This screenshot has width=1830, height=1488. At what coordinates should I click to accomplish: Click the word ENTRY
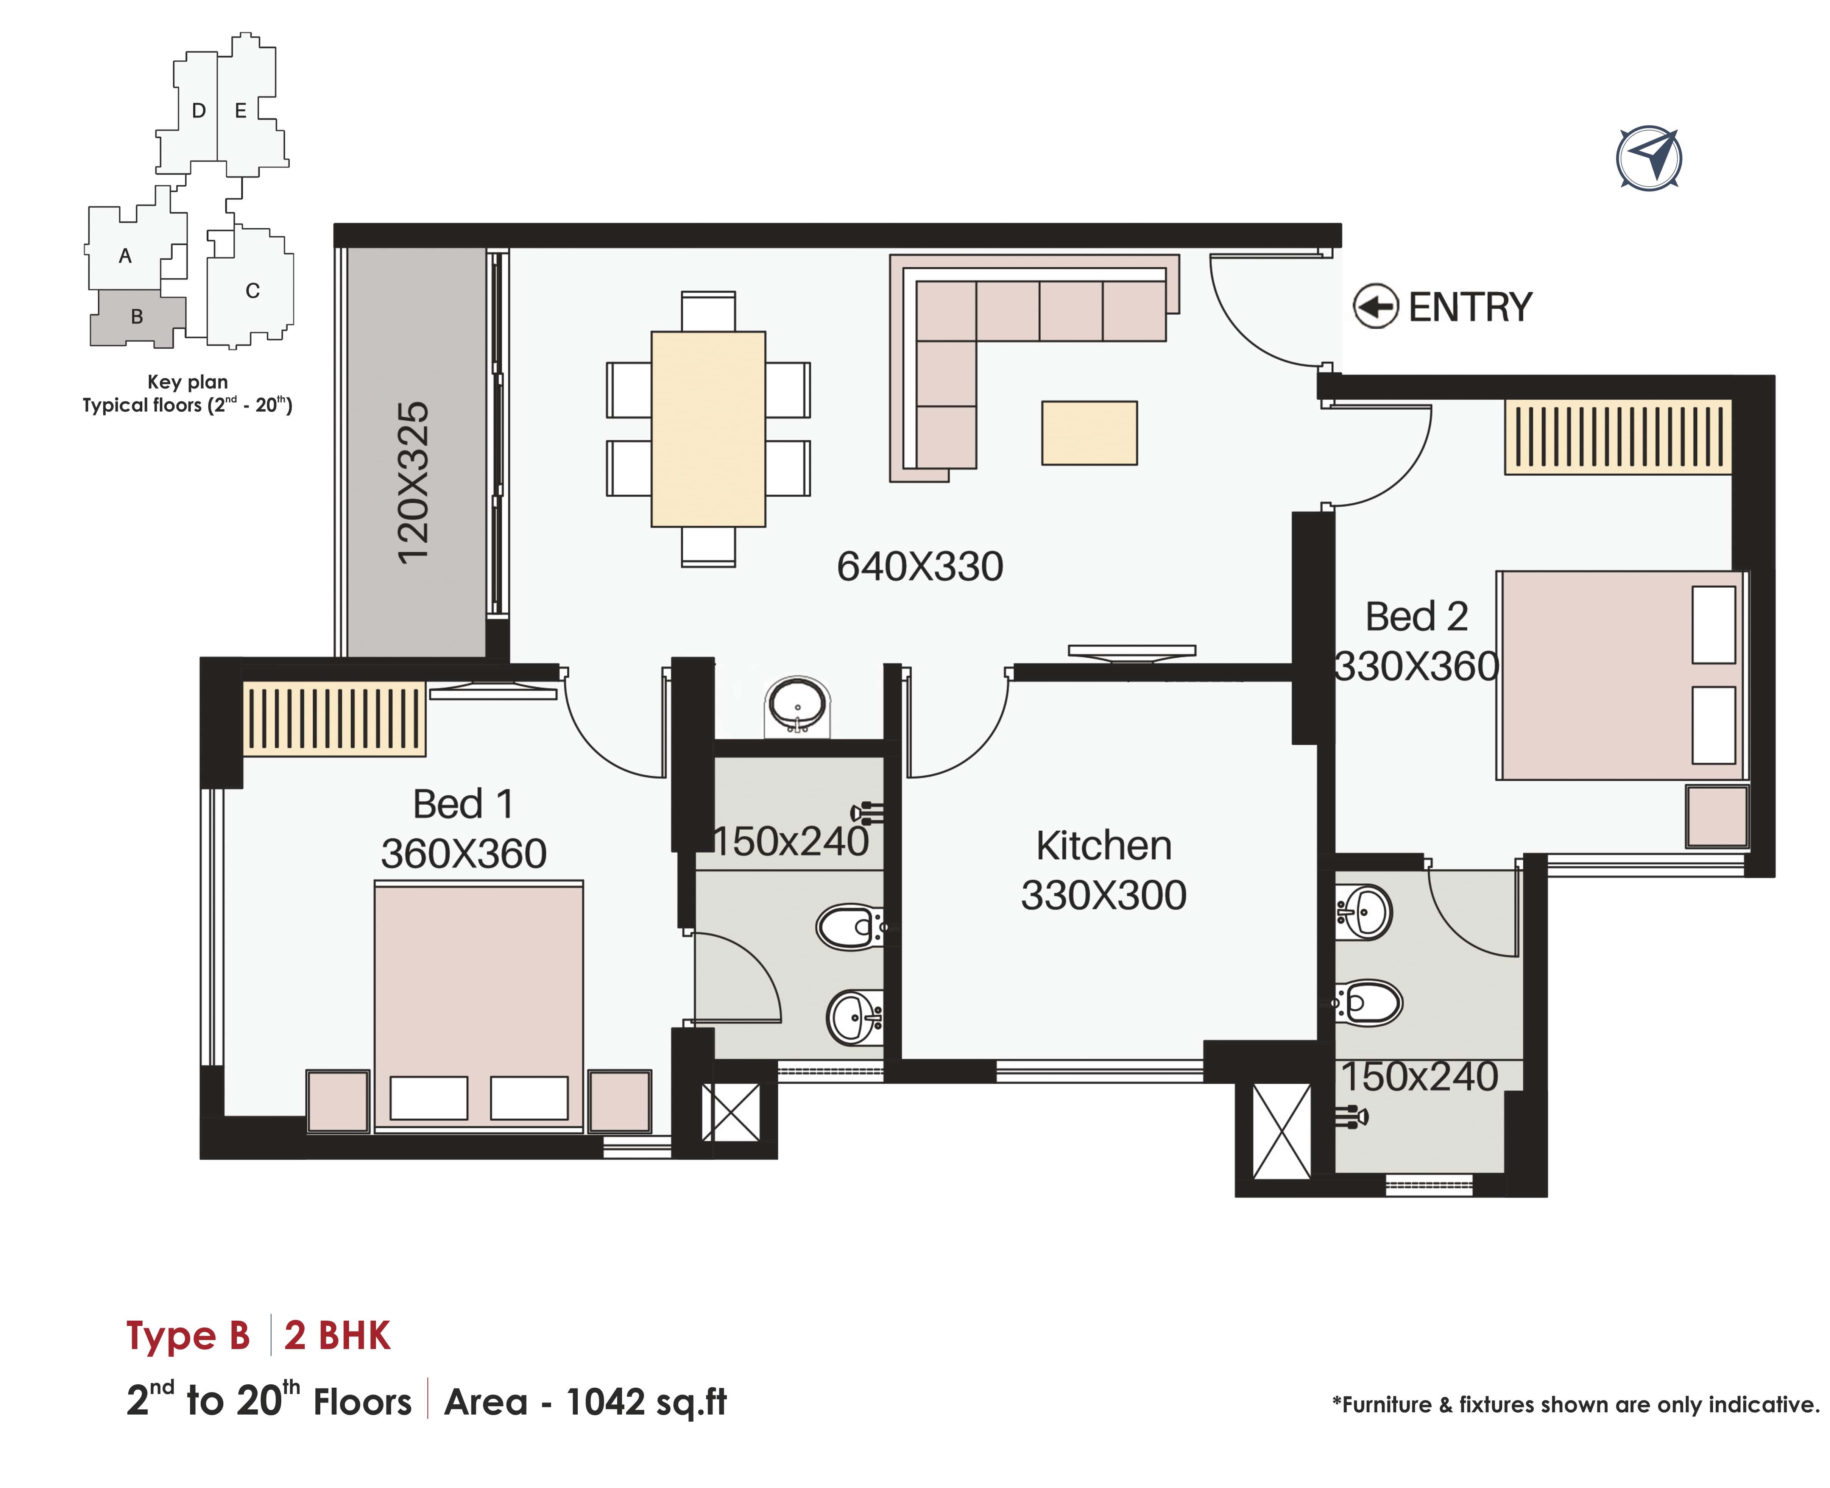pyautogui.click(x=1470, y=307)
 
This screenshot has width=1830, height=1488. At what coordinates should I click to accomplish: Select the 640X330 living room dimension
pyautogui.click(x=920, y=566)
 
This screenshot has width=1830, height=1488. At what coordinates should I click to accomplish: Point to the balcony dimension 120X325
pyautogui.click(x=413, y=482)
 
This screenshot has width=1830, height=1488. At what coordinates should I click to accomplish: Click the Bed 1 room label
pyautogui.click(x=463, y=804)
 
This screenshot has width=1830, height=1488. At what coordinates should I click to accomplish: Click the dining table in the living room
pyautogui.click(x=708, y=429)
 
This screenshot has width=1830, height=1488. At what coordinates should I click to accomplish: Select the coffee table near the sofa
pyautogui.click(x=1090, y=433)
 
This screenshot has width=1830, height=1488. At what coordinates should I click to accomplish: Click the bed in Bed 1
pyautogui.click(x=478, y=1005)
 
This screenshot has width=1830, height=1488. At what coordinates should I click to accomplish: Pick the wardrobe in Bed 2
pyautogui.click(x=1618, y=437)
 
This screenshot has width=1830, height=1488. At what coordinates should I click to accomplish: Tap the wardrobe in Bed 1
pyautogui.click(x=334, y=718)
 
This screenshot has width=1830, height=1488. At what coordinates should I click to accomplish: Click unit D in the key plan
pyautogui.click(x=198, y=111)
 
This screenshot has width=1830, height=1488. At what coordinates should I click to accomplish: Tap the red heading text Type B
pyautogui.click(x=188, y=1335)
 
